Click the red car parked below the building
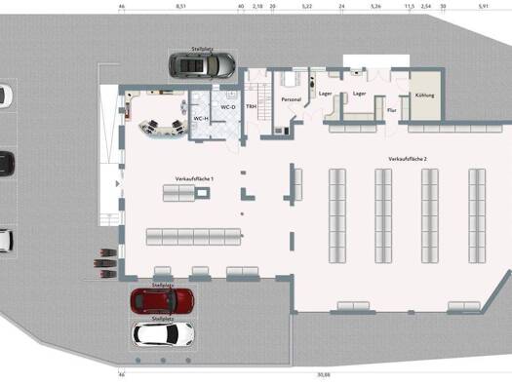click(x=162, y=301)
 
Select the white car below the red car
click(x=162, y=333)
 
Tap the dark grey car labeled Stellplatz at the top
click(x=202, y=65)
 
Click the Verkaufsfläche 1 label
click(x=194, y=179)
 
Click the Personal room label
click(x=290, y=99)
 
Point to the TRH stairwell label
click(x=251, y=105)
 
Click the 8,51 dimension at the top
click(x=181, y=6)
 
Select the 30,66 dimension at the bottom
click(x=323, y=374)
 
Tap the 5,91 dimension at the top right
click(x=483, y=6)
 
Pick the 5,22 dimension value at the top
click(x=307, y=6)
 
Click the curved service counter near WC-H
click(x=161, y=125)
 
